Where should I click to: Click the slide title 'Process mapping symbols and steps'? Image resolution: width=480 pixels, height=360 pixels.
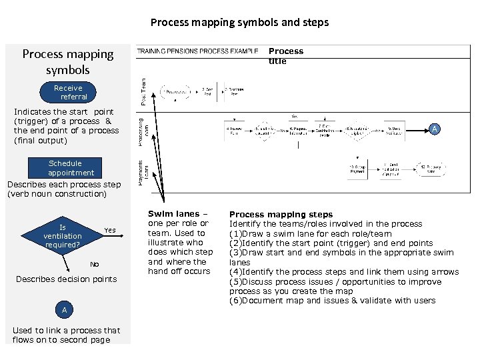coord(239,22)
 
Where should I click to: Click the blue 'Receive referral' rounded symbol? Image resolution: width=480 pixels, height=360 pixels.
coord(68,92)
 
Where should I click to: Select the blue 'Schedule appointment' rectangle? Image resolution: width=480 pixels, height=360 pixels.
coord(65,168)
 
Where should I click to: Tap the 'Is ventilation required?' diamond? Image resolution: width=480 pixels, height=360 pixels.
coord(63,236)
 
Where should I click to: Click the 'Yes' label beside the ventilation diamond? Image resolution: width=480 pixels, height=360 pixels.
coord(110,230)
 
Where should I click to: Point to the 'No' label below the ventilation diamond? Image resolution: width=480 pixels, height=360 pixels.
coord(94,264)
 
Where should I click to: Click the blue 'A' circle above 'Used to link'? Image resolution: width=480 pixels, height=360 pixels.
coord(64,310)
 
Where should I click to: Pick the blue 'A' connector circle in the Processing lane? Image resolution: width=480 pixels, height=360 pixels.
coord(435,129)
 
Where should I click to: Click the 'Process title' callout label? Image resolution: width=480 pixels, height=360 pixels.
coord(285,56)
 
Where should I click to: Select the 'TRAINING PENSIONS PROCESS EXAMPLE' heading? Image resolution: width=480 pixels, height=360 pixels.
coord(197,51)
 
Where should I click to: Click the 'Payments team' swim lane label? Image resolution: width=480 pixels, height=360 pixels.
coord(143,171)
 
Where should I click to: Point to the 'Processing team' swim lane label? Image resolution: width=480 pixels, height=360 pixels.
coord(143,129)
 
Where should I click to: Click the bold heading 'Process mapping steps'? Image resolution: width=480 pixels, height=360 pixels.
coord(281,215)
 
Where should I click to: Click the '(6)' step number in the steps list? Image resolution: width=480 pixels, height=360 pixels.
coord(235,301)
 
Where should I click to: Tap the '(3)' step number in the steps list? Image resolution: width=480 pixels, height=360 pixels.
coord(235,253)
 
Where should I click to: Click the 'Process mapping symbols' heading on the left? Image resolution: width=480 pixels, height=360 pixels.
coord(67,61)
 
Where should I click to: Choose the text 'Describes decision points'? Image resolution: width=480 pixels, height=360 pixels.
coord(66,279)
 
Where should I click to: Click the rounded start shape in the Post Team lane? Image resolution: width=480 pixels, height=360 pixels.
coord(175,91)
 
